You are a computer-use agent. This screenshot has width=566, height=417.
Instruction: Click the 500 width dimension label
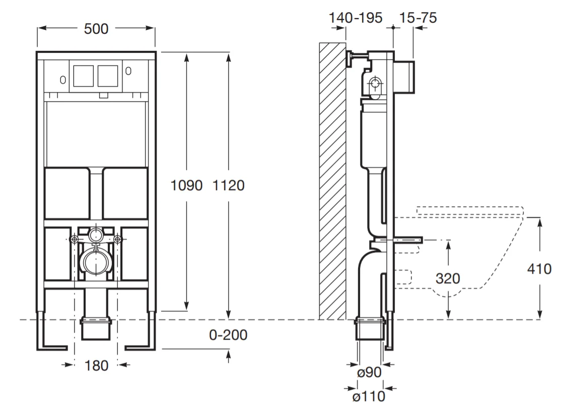coord(96,29)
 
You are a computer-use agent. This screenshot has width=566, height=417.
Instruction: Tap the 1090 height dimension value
coord(186,185)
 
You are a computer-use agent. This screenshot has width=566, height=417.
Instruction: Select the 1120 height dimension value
coord(229,185)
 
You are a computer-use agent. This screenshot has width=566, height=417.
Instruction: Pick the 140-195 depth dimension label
coord(356,18)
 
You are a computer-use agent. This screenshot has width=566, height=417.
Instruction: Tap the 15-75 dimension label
coord(418,18)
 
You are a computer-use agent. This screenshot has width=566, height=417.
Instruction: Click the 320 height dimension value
coord(448,278)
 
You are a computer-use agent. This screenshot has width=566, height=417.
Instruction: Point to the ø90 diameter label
coord(370,373)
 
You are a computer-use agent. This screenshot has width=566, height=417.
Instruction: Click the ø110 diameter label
coord(369,396)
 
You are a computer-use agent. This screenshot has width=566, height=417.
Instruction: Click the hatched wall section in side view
coord(332,181)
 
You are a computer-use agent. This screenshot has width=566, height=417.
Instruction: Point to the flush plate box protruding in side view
coord(405,76)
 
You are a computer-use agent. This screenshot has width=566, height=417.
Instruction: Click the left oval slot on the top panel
coord(62,79)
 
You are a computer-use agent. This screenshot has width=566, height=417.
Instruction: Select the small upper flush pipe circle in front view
coord(95,234)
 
